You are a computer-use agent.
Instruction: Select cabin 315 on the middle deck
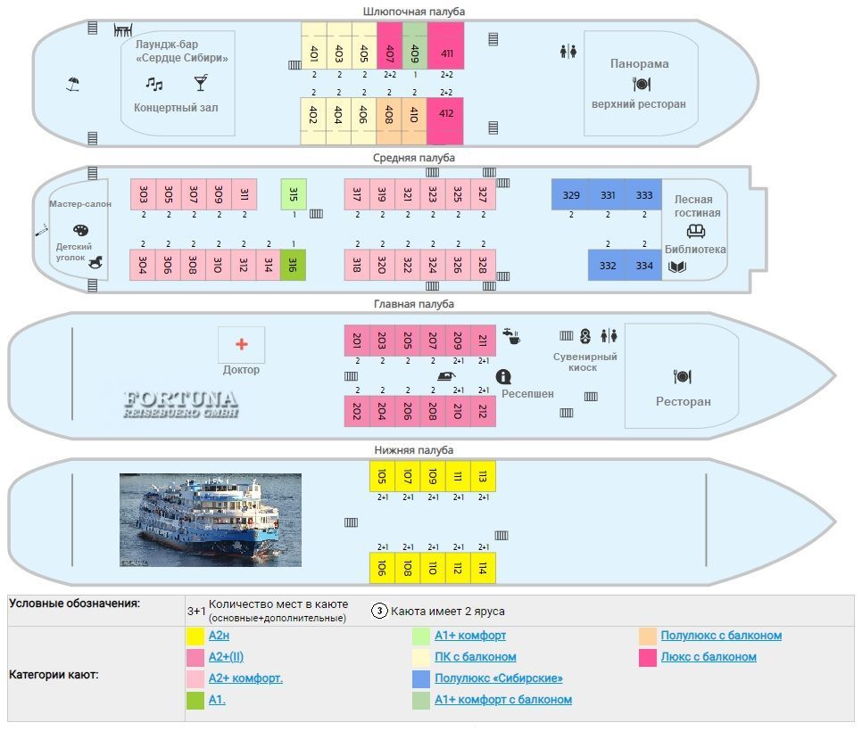[294, 193]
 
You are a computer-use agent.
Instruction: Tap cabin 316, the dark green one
[293, 266]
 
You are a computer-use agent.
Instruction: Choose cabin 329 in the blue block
[570, 194]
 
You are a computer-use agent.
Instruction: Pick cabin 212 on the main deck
[484, 411]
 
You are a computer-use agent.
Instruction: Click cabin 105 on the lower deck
[382, 476]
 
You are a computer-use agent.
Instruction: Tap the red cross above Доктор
[241, 344]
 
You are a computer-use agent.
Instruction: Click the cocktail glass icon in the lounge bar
[201, 83]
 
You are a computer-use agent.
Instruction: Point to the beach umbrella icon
[72, 84]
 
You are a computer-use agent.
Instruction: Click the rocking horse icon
[96, 262]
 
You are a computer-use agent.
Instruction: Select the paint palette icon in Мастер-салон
[81, 230]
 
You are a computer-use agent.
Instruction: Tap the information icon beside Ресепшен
[503, 376]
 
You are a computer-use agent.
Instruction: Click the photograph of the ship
[211, 520]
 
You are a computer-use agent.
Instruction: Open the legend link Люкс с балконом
[709, 657]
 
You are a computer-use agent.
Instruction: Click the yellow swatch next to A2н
[195, 636]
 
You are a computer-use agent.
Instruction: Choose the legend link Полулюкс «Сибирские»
[499, 678]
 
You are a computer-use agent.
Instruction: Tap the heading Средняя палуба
[414, 158]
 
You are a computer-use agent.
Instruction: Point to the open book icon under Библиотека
[677, 267]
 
